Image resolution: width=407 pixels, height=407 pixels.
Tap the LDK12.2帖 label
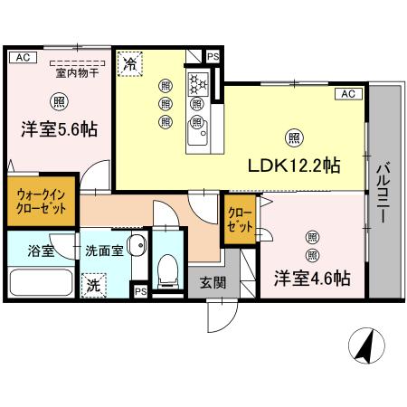pyautogui.click(x=294, y=166)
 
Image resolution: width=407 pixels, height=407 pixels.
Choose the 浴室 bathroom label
pyautogui.click(x=41, y=251)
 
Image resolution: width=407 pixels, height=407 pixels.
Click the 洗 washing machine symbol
pyautogui.click(x=93, y=286)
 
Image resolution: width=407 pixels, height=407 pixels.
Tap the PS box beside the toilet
pyautogui.click(x=140, y=291)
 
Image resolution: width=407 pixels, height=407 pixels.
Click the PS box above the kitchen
pyautogui.click(x=213, y=57)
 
